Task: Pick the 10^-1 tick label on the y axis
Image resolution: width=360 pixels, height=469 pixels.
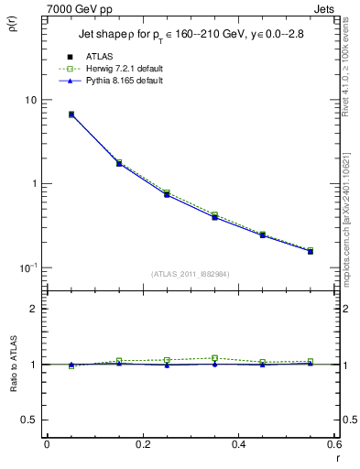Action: pos(29,267)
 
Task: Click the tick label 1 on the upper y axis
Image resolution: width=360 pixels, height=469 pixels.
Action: pos(34,183)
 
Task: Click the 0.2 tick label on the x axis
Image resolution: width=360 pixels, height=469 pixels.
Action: pos(142,444)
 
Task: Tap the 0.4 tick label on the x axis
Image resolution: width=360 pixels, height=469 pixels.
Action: pos(237,444)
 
